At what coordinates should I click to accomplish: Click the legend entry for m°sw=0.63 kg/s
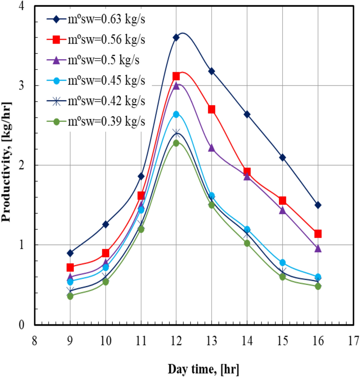(95, 19)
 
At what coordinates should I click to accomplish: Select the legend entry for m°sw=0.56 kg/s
(95, 39)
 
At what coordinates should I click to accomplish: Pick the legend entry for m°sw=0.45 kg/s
(95, 81)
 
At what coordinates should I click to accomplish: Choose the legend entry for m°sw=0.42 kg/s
(95, 101)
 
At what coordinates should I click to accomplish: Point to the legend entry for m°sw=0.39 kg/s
(95, 121)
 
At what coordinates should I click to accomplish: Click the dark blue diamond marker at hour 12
(176, 37)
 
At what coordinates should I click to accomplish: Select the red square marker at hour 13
(212, 110)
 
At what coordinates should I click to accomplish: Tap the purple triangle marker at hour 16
(318, 248)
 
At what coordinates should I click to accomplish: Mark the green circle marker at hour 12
(176, 143)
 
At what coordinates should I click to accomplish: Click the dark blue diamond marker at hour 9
(70, 253)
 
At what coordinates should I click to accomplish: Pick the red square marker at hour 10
(106, 253)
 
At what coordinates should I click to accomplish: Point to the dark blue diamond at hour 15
(283, 158)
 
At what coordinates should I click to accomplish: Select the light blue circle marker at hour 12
(176, 114)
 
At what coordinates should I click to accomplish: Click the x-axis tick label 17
(354, 340)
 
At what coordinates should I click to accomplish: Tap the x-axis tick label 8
(34, 340)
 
